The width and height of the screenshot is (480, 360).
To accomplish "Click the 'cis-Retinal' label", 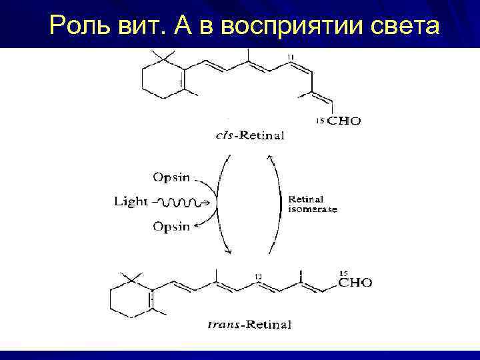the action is point(249,136).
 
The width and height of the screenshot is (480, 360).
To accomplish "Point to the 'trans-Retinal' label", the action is point(249,325).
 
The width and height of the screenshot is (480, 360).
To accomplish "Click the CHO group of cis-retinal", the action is point(343,121).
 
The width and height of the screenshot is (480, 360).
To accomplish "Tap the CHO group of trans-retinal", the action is point(355,283).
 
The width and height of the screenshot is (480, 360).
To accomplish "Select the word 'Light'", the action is point(131,201).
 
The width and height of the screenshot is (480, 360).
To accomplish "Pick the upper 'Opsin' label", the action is point(171,177).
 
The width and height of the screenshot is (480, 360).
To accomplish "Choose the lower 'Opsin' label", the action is point(171,227).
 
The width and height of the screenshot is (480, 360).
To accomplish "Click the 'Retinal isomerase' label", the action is point(312,203).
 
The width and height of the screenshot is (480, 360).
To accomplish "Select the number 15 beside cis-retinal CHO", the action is point(319,121).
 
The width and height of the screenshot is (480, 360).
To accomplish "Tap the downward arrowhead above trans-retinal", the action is point(229,251).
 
